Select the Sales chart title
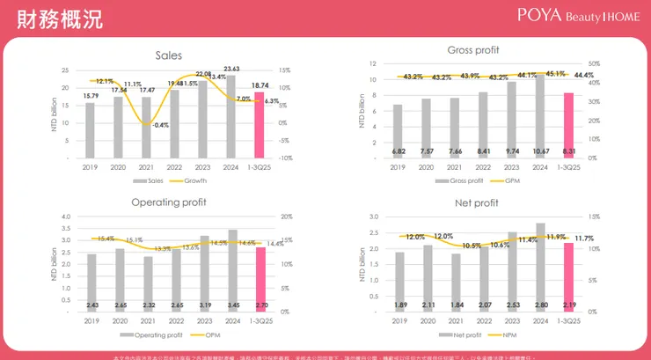click(x=168, y=55)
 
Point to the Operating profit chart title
click(x=168, y=202)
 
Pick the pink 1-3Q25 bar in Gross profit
click(x=568, y=123)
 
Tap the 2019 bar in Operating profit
click(x=91, y=282)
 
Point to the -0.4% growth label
click(x=160, y=125)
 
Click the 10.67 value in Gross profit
click(x=540, y=151)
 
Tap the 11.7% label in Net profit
click(x=583, y=239)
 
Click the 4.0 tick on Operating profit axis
click(x=67, y=217)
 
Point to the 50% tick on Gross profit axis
click(x=595, y=63)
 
